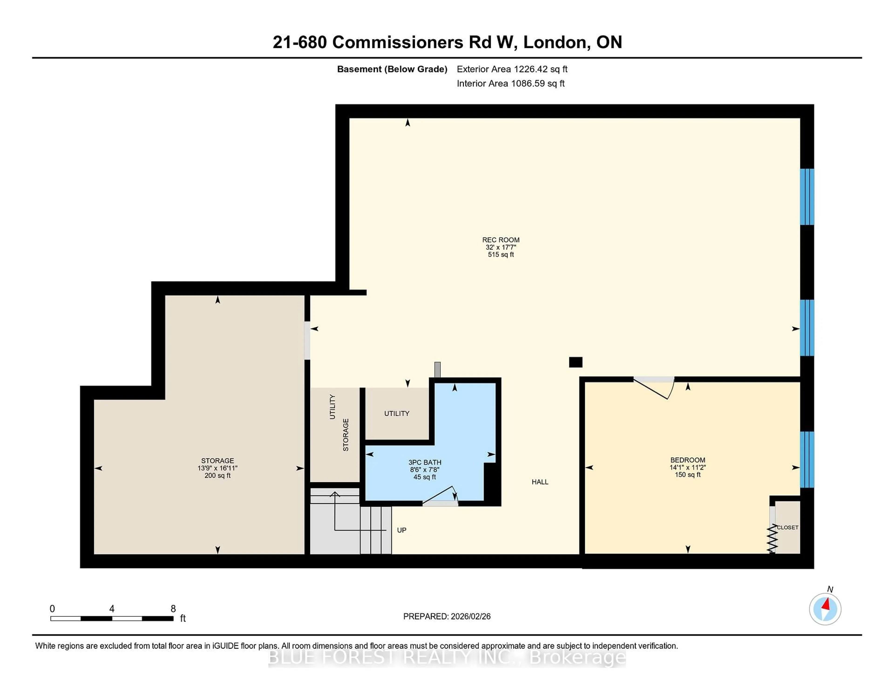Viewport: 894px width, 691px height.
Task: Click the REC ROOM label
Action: click(501, 240)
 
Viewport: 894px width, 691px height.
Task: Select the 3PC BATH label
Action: click(424, 462)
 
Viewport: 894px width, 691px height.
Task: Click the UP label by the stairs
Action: click(402, 530)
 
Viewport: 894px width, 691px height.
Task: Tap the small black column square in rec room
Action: click(576, 362)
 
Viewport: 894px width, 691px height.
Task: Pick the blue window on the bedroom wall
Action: click(807, 459)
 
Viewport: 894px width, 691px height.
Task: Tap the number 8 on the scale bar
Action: click(173, 609)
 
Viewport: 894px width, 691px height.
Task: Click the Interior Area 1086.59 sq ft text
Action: click(511, 84)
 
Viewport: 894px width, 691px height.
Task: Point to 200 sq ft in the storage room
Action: click(217, 475)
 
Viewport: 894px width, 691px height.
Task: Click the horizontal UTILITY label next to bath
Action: click(396, 413)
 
